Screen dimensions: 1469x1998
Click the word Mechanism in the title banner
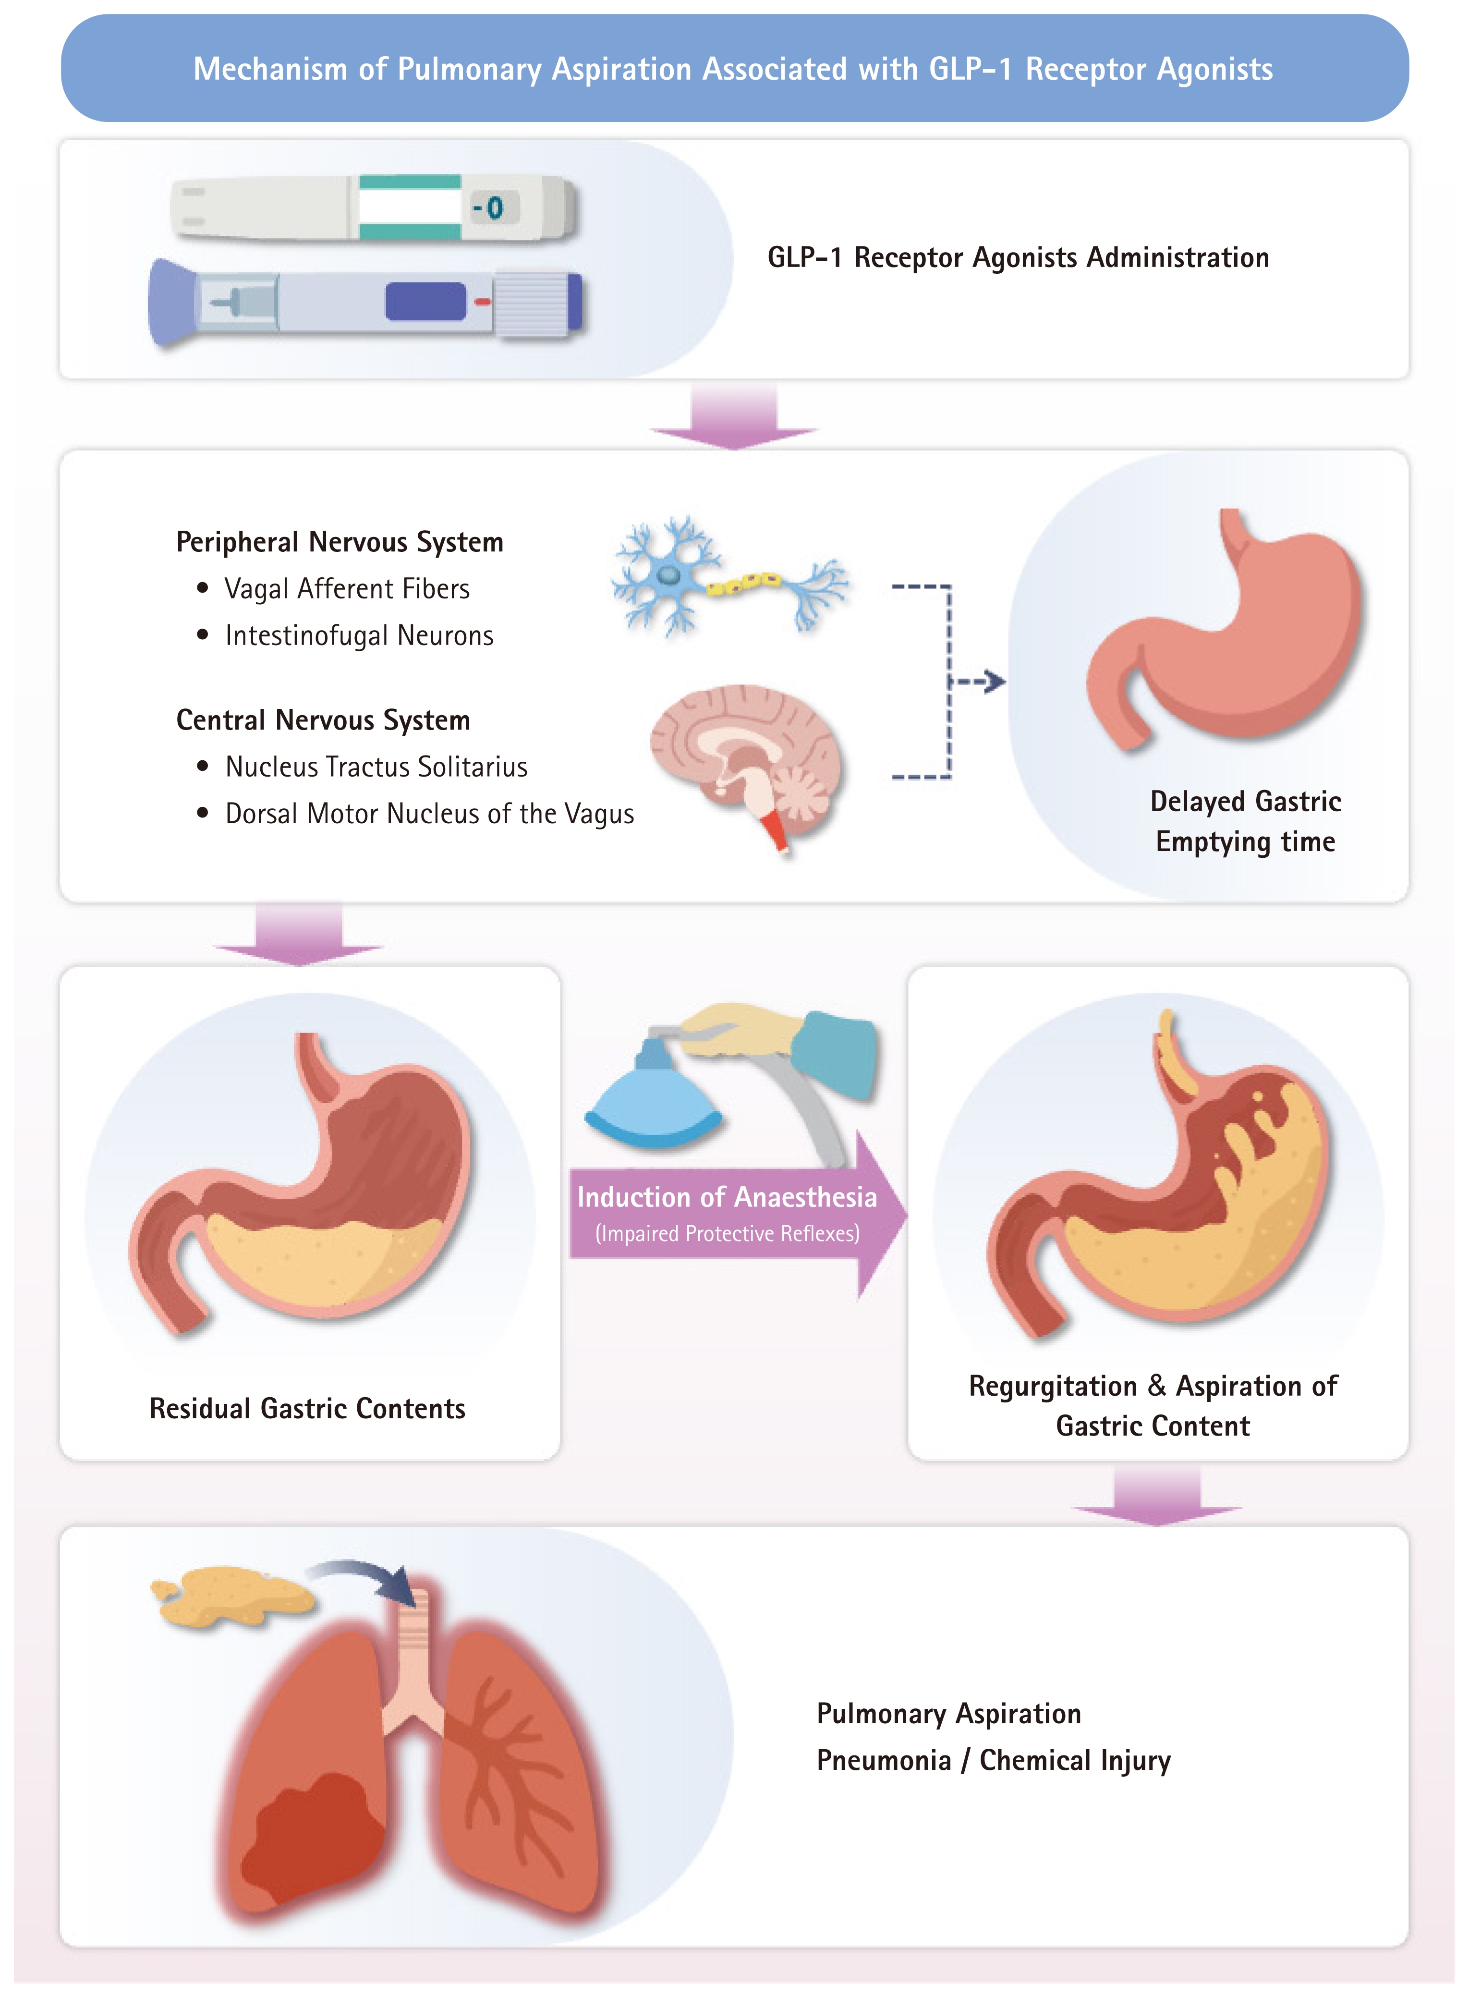pos(270,69)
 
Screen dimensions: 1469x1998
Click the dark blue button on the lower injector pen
pos(425,302)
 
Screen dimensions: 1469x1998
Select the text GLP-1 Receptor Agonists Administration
pos(1018,258)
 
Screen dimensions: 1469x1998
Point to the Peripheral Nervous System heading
pos(340,542)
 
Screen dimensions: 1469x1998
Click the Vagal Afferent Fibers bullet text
pos(347,589)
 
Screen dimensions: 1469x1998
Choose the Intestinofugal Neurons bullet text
pos(359,636)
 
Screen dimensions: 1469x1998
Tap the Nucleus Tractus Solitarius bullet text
pos(376,767)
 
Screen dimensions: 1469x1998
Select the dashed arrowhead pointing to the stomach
pos(996,682)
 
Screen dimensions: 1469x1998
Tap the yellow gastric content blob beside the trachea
pos(233,1594)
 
